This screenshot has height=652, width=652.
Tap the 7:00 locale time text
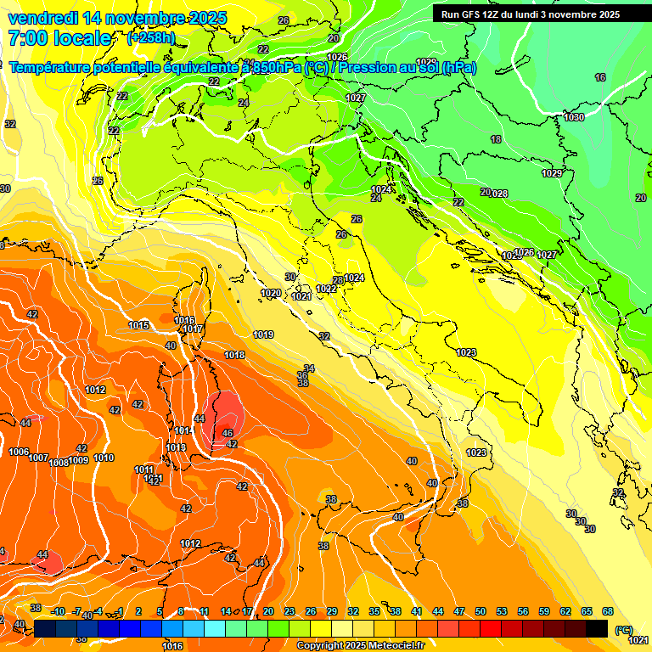[59, 38]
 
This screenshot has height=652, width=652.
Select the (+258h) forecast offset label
[152, 38]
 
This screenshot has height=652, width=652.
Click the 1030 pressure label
[574, 117]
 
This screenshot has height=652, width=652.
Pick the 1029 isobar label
[552, 173]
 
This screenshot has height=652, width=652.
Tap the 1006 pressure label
[18, 452]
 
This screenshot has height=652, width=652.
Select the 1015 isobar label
[139, 325]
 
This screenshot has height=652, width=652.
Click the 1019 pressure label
[263, 334]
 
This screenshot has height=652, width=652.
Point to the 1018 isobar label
[234, 355]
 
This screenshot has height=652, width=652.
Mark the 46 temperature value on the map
[228, 433]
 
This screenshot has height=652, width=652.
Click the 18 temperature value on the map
[496, 139]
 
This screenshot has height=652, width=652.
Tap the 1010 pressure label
[104, 458]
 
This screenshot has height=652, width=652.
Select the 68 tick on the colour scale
[608, 611]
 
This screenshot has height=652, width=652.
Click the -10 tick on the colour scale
[58, 611]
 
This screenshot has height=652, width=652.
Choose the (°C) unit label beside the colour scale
[624, 629]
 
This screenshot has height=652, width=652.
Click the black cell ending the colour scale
[597, 628]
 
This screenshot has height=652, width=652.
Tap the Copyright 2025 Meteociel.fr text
[361, 645]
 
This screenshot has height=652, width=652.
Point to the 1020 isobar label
[271, 293]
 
